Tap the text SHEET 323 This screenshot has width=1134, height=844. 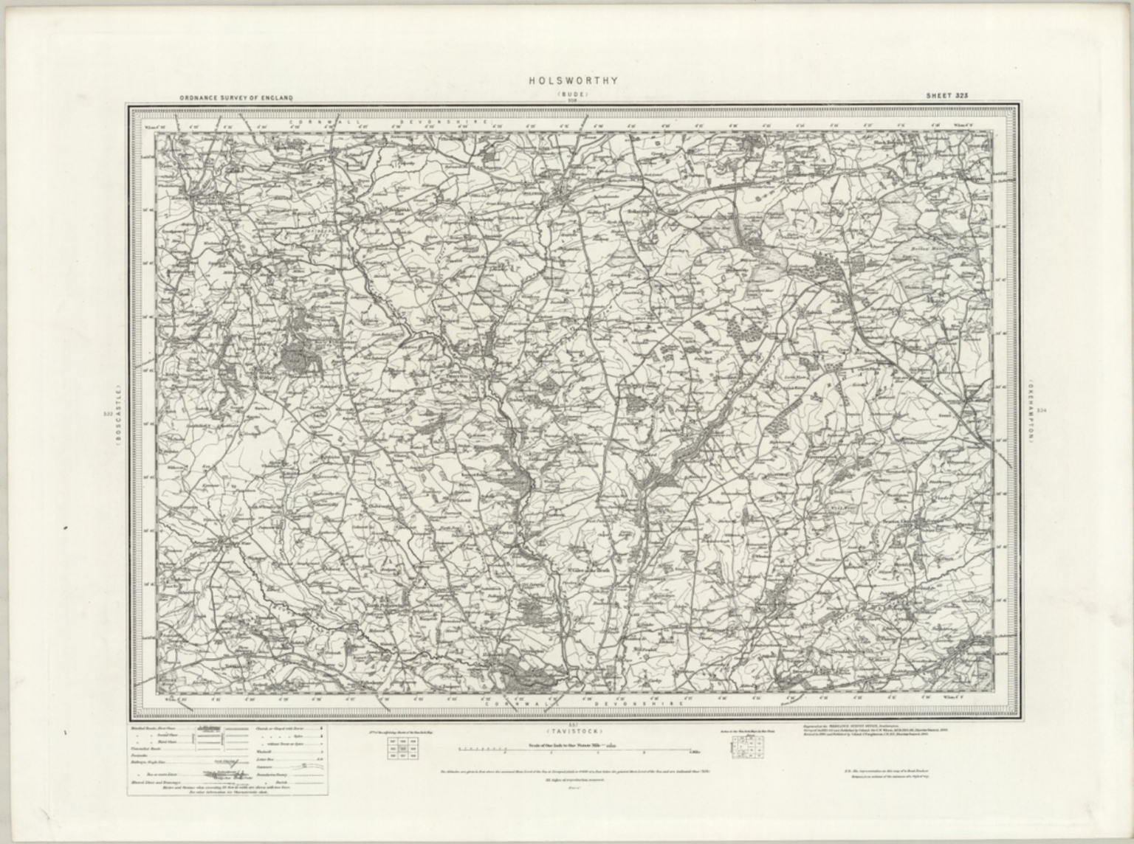coord(947,96)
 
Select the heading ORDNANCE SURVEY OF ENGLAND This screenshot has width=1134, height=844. coord(236,97)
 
